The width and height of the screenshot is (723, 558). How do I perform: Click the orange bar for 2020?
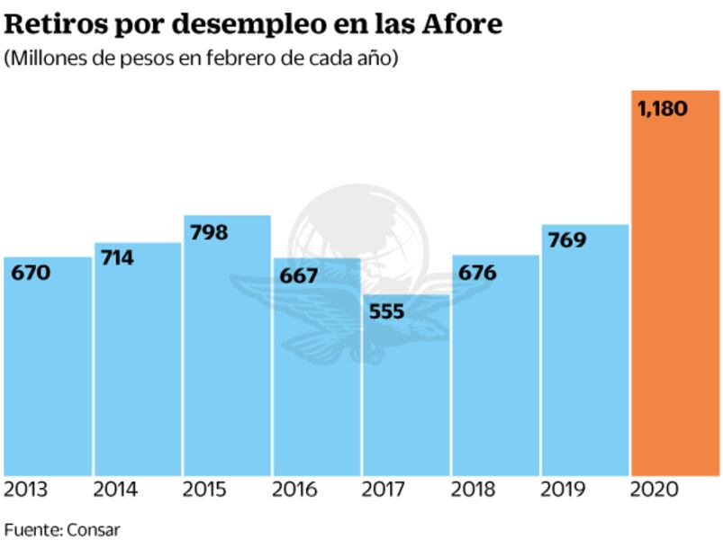coord(675,297)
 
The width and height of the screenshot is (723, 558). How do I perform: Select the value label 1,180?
coord(662,109)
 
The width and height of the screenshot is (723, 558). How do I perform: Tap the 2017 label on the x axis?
coord(384,490)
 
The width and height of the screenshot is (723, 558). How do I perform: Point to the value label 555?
coord(386,312)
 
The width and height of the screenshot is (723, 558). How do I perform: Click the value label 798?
coord(208,232)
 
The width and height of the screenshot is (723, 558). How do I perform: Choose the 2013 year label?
coord(26,490)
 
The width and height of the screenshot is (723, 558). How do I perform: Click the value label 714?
coord(117,258)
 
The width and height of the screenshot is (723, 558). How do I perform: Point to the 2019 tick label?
coord(563,490)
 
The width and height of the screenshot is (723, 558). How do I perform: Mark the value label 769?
coord(566,240)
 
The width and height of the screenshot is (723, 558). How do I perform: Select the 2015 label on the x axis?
coord(205,490)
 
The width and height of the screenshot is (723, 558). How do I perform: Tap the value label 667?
coord(298,275)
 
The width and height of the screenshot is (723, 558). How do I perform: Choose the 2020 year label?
coord(653,490)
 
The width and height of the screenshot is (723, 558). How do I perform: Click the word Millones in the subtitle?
coord(41,58)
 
